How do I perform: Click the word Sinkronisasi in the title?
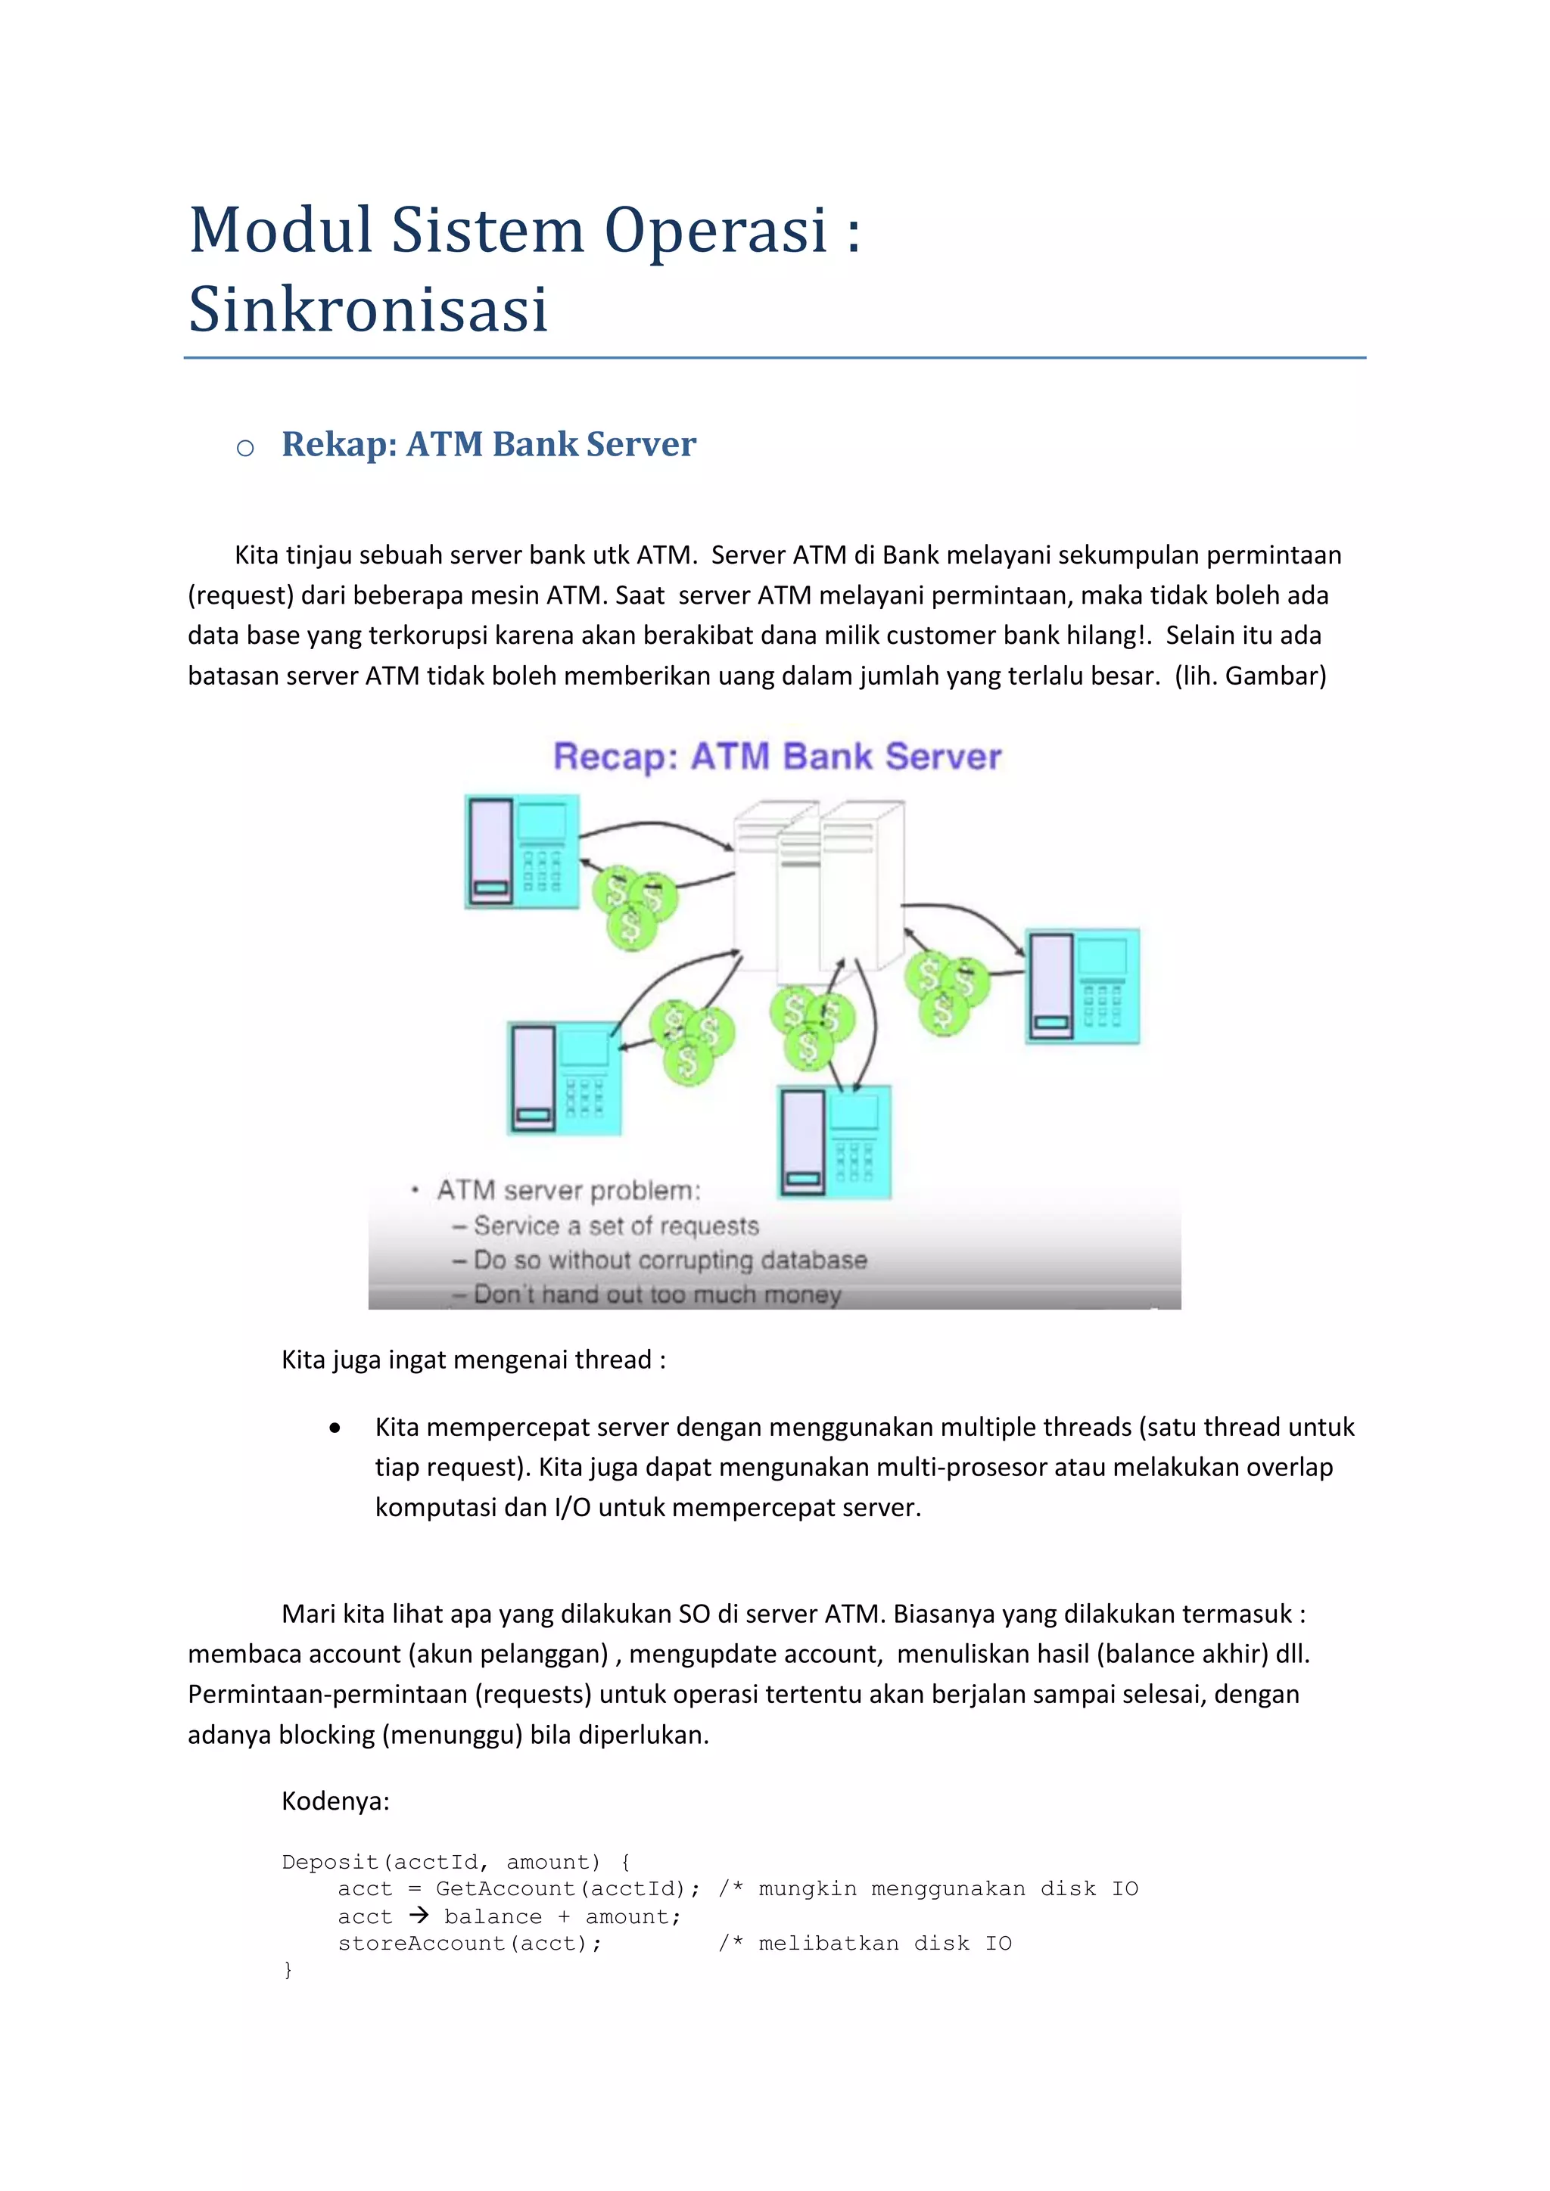[369, 309]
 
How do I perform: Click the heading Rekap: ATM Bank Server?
[489, 445]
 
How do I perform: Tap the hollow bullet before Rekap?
[245, 448]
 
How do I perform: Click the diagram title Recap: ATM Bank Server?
[777, 757]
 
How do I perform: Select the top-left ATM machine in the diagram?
[522, 851]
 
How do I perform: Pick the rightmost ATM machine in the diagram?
[1082, 986]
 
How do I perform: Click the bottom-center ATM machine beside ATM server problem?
[835, 1142]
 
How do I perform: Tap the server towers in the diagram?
[818, 887]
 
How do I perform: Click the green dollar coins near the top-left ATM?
[633, 906]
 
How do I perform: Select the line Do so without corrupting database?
[670, 1260]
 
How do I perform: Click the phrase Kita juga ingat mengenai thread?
[473, 1360]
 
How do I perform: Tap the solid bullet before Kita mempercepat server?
[334, 1428]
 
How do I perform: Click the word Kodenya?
[335, 1801]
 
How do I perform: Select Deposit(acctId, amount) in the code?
[441, 1862]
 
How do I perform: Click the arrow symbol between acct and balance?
[418, 1915]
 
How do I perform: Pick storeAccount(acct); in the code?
[469, 1943]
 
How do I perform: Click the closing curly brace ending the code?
[288, 1969]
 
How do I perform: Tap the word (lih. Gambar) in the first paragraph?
[1250, 676]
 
